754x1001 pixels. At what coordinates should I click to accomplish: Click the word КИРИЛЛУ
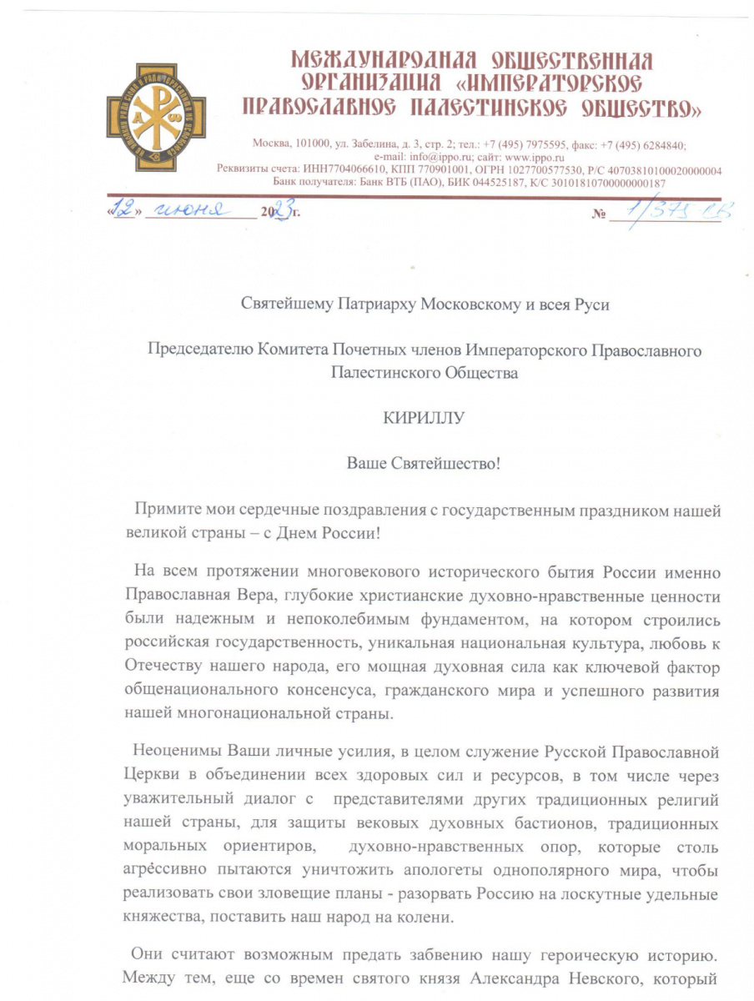point(423,418)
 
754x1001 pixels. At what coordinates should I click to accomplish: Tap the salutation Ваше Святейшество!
point(423,462)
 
